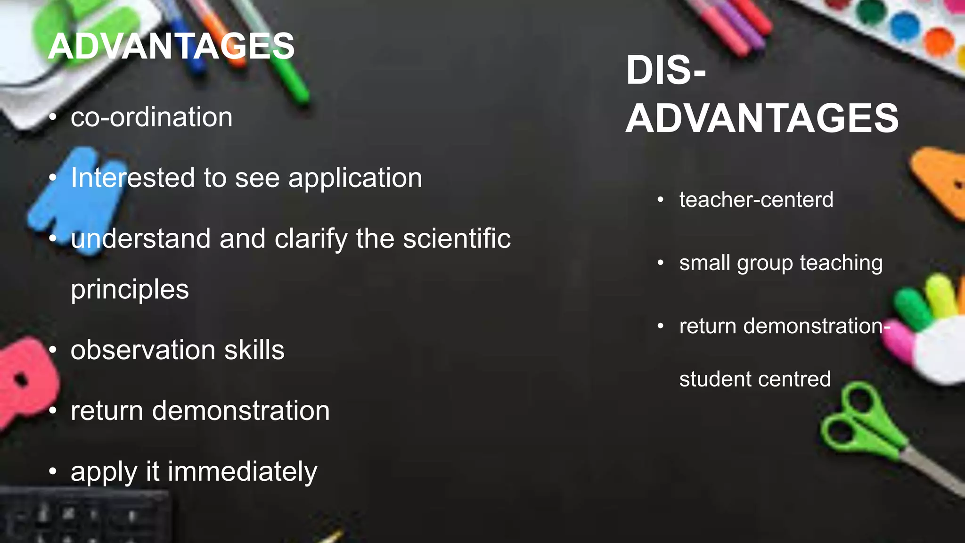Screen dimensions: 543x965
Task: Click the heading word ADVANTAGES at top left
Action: (171, 46)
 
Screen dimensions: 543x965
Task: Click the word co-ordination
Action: (151, 117)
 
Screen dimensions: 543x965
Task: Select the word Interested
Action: (132, 178)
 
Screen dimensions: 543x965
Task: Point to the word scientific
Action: (457, 239)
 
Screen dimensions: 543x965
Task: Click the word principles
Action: (130, 289)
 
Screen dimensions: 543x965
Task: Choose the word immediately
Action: (242, 472)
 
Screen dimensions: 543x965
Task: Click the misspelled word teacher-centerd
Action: (756, 199)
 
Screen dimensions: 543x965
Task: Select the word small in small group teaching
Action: (705, 263)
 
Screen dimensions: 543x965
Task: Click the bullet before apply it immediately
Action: (53, 471)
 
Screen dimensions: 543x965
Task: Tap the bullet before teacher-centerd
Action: (661, 200)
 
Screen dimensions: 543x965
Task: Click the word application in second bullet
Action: (355, 178)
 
